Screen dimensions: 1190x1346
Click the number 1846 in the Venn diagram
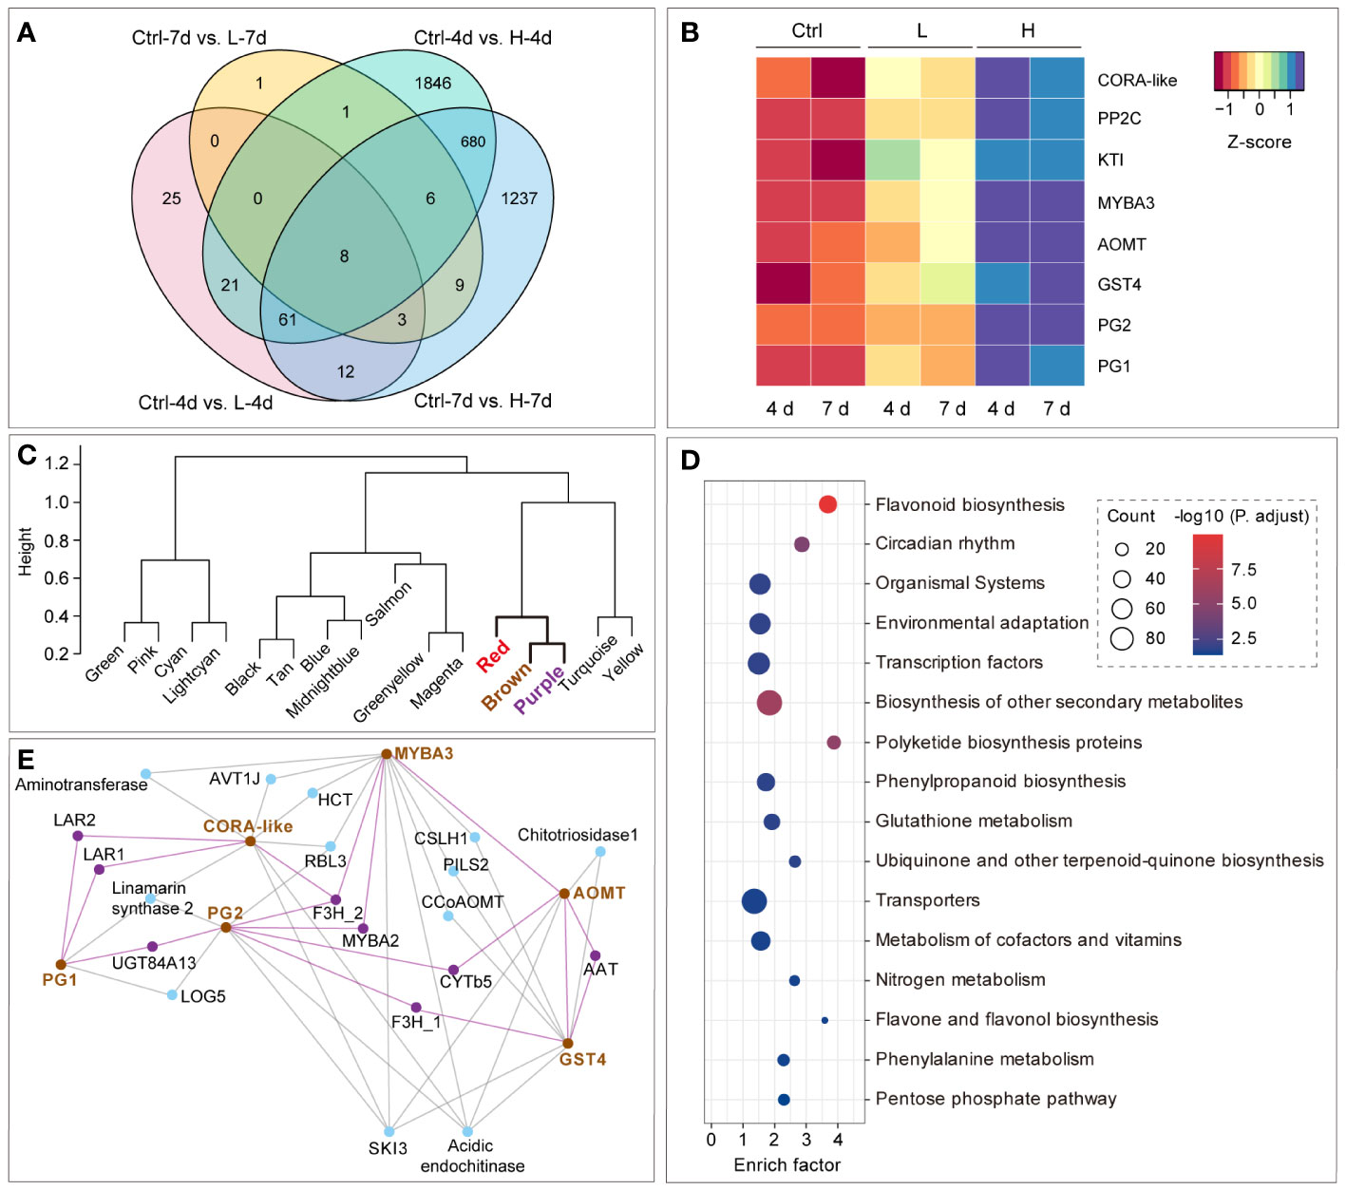(x=432, y=84)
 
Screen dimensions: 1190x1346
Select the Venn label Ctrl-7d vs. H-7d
(x=483, y=401)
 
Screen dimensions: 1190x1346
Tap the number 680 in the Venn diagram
(x=473, y=142)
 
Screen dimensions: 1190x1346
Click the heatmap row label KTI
(x=1110, y=160)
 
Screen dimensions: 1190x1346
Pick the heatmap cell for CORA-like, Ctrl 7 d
(x=838, y=78)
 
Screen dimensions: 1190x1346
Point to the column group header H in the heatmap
(x=1028, y=31)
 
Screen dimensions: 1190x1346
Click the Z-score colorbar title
(x=1259, y=142)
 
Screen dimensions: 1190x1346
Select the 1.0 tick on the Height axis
(x=56, y=501)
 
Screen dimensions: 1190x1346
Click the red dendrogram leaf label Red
(x=494, y=655)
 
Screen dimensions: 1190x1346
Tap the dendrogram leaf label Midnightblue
(x=323, y=681)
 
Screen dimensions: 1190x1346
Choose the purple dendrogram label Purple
(x=539, y=689)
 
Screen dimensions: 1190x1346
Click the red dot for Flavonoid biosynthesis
(x=827, y=504)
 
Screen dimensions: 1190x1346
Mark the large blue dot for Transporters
(x=754, y=901)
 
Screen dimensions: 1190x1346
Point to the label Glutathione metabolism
(x=974, y=821)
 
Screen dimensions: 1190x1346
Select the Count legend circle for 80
(x=1122, y=638)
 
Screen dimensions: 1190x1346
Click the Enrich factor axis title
(x=787, y=1164)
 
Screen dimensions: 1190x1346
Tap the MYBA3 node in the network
(x=387, y=754)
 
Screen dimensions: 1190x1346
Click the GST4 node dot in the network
(x=567, y=1043)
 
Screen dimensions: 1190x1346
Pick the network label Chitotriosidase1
(x=578, y=835)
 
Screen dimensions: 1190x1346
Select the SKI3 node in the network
(x=389, y=1131)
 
